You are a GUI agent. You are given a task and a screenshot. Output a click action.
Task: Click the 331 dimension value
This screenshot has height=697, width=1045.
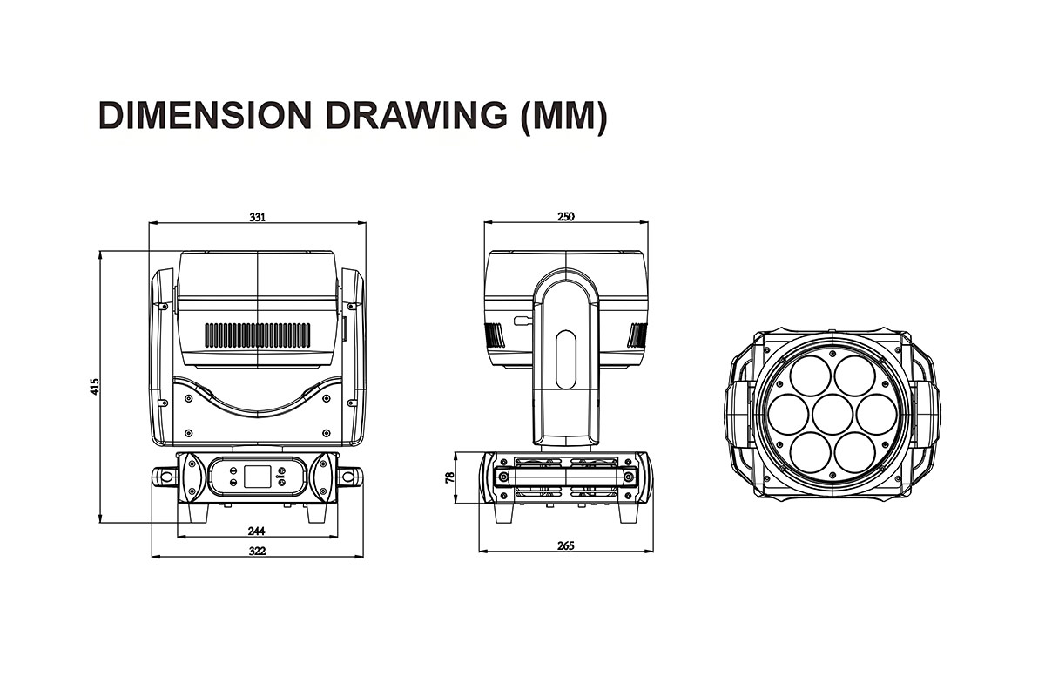[257, 217]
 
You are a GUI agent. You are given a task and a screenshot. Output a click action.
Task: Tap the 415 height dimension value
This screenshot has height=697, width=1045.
[95, 387]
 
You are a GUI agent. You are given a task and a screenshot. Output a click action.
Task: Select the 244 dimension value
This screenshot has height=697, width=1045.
[257, 531]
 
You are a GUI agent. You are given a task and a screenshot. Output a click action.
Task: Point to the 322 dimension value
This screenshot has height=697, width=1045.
[257, 551]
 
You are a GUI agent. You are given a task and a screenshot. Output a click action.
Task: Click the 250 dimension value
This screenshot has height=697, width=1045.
[566, 217]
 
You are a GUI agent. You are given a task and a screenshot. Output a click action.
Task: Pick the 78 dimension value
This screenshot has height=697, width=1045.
[449, 477]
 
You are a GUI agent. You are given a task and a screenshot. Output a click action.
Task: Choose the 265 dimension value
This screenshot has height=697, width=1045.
[566, 545]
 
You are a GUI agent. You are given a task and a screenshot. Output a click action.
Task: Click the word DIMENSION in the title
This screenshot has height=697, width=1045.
[206, 115]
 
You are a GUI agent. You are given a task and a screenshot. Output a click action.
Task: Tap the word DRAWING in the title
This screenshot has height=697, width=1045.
[416, 115]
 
